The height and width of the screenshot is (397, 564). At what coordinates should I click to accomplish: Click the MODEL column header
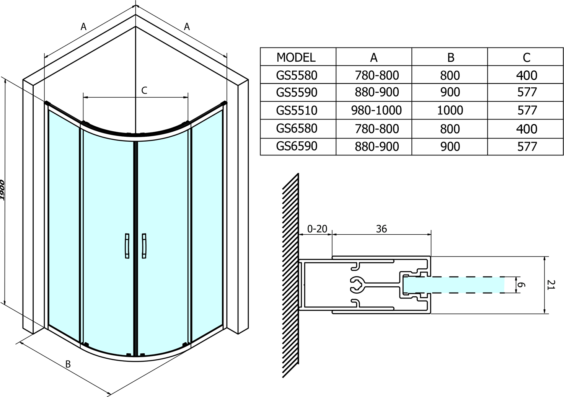296,58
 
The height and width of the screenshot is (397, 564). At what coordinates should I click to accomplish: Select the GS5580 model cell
297,75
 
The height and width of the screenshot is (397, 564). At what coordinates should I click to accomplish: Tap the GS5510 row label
297,110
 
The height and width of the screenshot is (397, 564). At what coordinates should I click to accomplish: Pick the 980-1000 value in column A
377,110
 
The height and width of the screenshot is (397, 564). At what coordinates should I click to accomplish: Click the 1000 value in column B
450,110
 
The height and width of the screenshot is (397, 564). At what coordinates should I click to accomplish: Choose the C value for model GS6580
527,129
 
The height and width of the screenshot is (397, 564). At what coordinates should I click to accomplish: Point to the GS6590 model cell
297,146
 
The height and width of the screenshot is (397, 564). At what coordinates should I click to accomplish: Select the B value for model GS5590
450,92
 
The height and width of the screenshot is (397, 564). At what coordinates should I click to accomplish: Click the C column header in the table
527,58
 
